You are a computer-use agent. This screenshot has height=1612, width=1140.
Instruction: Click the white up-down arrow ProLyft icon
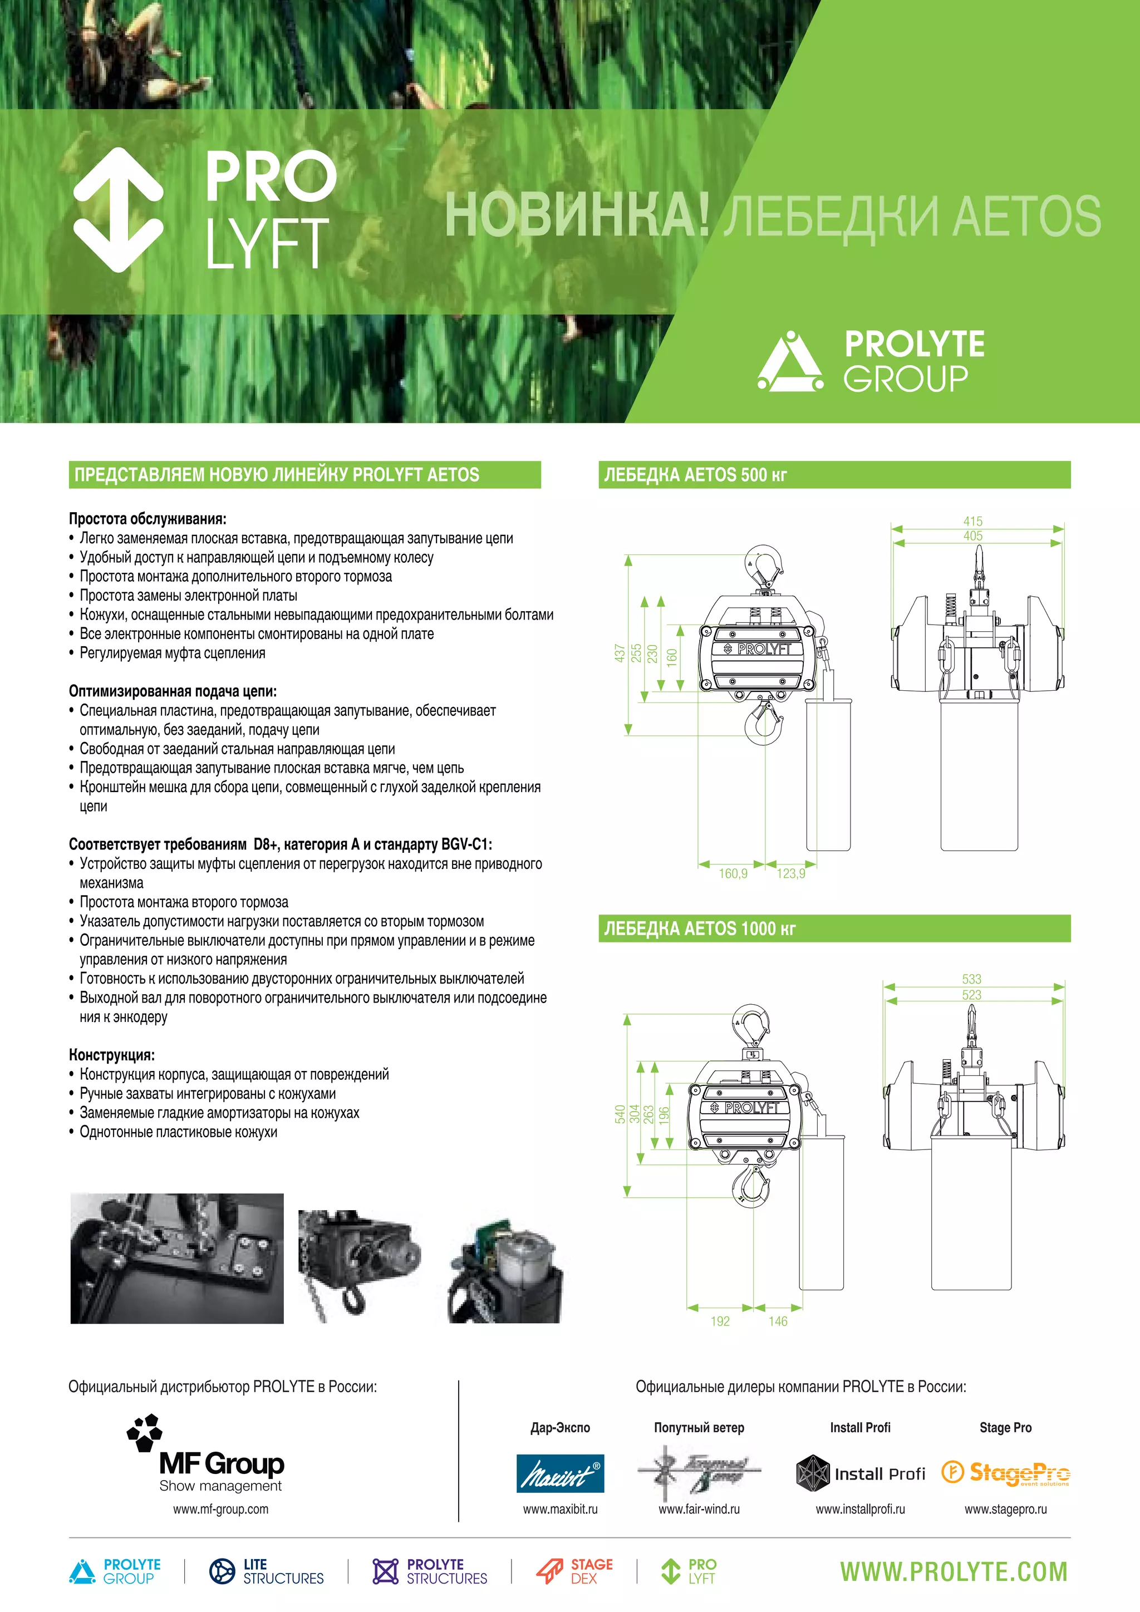pyautogui.click(x=119, y=210)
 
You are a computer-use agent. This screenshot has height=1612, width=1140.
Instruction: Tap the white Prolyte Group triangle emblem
pyautogui.click(x=790, y=362)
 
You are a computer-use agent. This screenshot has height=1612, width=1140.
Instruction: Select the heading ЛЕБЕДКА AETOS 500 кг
pyautogui.click(x=695, y=475)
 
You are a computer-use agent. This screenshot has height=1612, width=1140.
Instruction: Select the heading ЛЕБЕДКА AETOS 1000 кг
pyautogui.click(x=699, y=928)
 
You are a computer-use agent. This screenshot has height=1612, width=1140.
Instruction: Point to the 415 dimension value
pyautogui.click(x=972, y=521)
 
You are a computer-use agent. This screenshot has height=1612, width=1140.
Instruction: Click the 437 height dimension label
pyautogui.click(x=619, y=653)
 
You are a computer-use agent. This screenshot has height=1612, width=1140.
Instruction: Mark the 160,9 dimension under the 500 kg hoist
pyautogui.click(x=732, y=873)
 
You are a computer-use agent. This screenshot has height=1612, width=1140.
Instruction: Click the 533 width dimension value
pyautogui.click(x=971, y=979)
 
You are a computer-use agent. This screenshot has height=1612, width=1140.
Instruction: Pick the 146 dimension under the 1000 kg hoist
pyautogui.click(x=778, y=1321)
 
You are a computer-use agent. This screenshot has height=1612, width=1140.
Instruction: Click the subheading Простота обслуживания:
pyautogui.click(x=148, y=519)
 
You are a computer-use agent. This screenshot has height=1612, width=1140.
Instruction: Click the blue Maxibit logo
pyautogui.click(x=559, y=1473)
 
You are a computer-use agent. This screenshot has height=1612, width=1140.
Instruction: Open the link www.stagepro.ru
pyautogui.click(x=1005, y=1509)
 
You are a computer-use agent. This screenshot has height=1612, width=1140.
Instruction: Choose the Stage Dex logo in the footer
pyautogui.click(x=574, y=1571)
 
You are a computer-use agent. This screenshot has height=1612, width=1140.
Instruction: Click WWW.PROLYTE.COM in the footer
pyautogui.click(x=954, y=1572)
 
